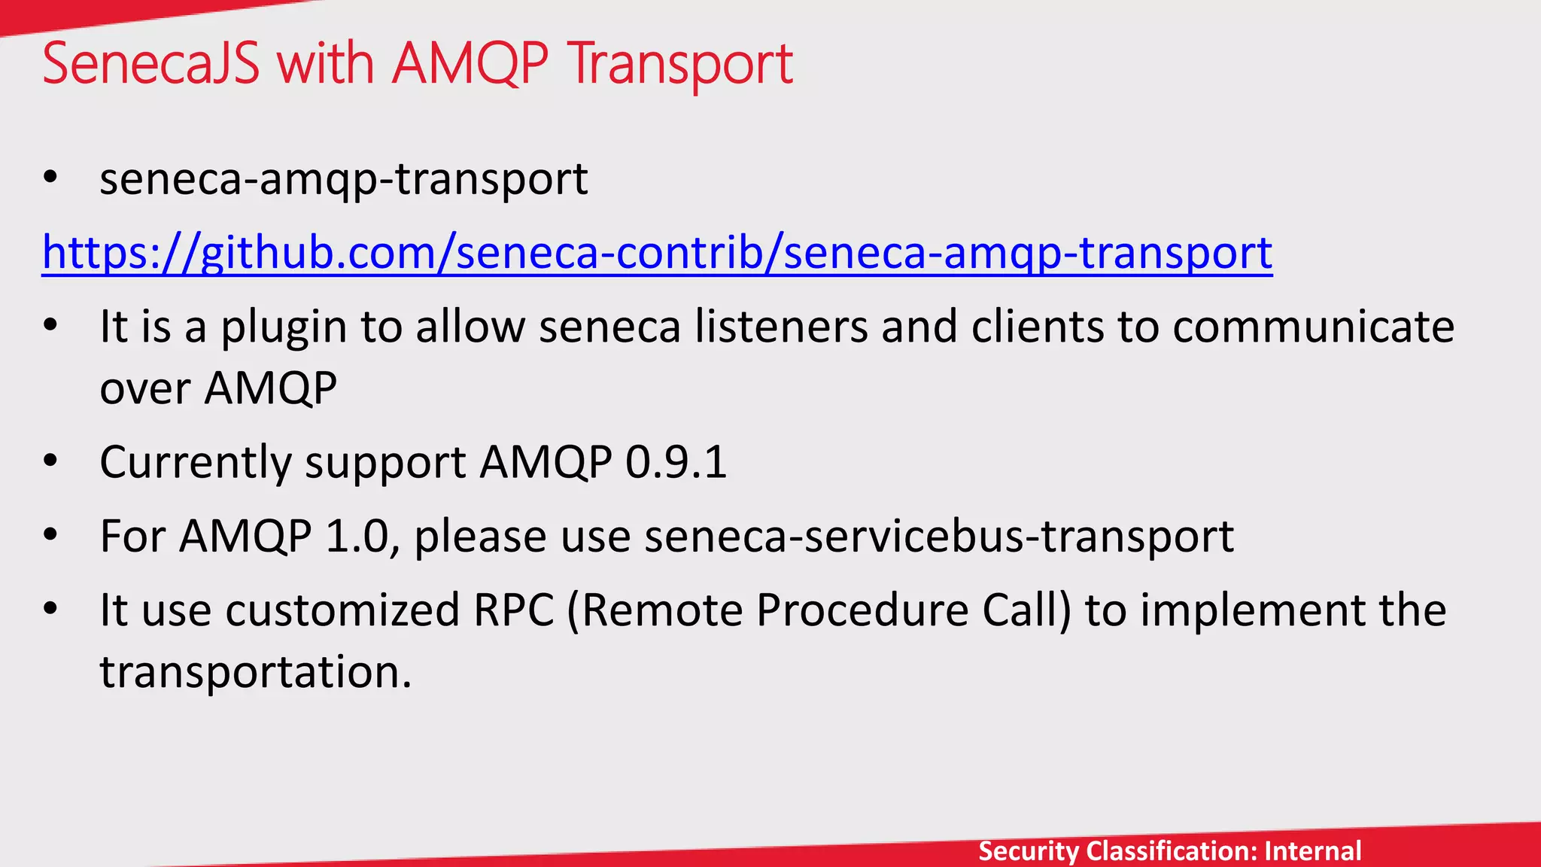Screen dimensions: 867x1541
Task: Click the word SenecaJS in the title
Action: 150,63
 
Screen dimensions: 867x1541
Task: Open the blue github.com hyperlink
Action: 656,253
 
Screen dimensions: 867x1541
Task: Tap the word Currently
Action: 195,463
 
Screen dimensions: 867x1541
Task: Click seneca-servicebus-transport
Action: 938,537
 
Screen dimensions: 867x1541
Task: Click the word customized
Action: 342,610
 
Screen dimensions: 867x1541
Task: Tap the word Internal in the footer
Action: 1313,851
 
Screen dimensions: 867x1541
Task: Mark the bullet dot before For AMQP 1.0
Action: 50,536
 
